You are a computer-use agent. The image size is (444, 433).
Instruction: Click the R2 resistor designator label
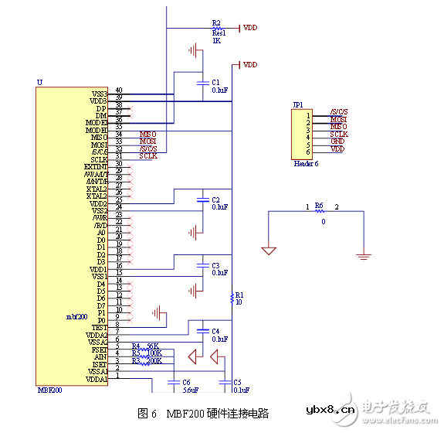click(216, 23)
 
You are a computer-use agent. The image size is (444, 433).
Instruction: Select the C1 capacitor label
click(216, 81)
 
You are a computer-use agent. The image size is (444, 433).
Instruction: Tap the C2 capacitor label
click(216, 199)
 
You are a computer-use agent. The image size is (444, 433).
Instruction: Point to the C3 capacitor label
click(216, 265)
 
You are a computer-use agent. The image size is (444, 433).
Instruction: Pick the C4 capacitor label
click(216, 331)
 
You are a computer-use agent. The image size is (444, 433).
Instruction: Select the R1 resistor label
click(239, 295)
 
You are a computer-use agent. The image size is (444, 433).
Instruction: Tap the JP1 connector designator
click(298, 104)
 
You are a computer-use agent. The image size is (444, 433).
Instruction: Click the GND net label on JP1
click(337, 141)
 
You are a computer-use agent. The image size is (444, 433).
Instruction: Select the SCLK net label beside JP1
click(339, 135)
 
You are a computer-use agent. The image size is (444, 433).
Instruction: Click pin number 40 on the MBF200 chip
click(119, 90)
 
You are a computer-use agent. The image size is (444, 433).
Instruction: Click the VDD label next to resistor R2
click(250, 28)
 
